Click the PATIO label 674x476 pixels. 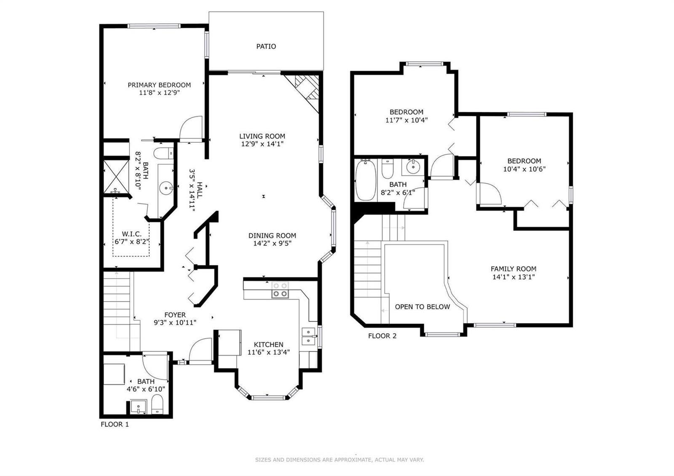click(266, 46)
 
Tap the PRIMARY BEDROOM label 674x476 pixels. click(159, 85)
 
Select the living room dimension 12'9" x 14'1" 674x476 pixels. click(262, 144)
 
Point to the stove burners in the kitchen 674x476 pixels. click(280, 290)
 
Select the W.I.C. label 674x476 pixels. click(131, 234)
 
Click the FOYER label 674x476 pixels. click(175, 315)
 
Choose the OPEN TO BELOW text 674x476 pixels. click(422, 307)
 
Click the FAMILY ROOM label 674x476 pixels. click(514, 269)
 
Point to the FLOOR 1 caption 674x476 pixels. click(115, 424)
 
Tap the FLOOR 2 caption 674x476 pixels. click(382, 336)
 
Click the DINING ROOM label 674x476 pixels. click(272, 235)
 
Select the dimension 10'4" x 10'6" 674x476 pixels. click(524, 169)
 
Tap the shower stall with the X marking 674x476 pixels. click(116, 176)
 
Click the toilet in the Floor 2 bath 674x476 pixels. click(387, 169)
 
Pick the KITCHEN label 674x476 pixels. click(268, 345)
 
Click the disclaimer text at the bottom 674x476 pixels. click(340, 460)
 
